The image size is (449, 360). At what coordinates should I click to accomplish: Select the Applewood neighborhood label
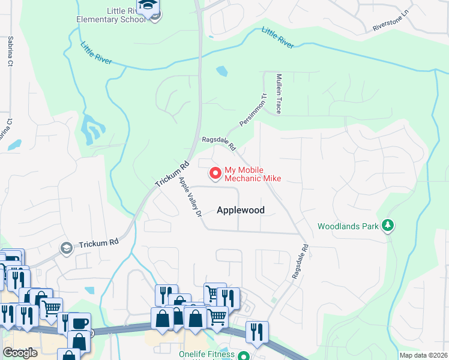(240, 210)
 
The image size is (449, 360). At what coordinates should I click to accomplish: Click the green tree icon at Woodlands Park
(388, 226)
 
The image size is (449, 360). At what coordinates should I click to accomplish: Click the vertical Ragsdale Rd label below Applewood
(300, 260)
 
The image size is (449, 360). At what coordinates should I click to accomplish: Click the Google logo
(20, 353)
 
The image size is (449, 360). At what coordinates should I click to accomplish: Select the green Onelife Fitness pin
(243, 355)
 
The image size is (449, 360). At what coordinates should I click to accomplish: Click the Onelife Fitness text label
(206, 355)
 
